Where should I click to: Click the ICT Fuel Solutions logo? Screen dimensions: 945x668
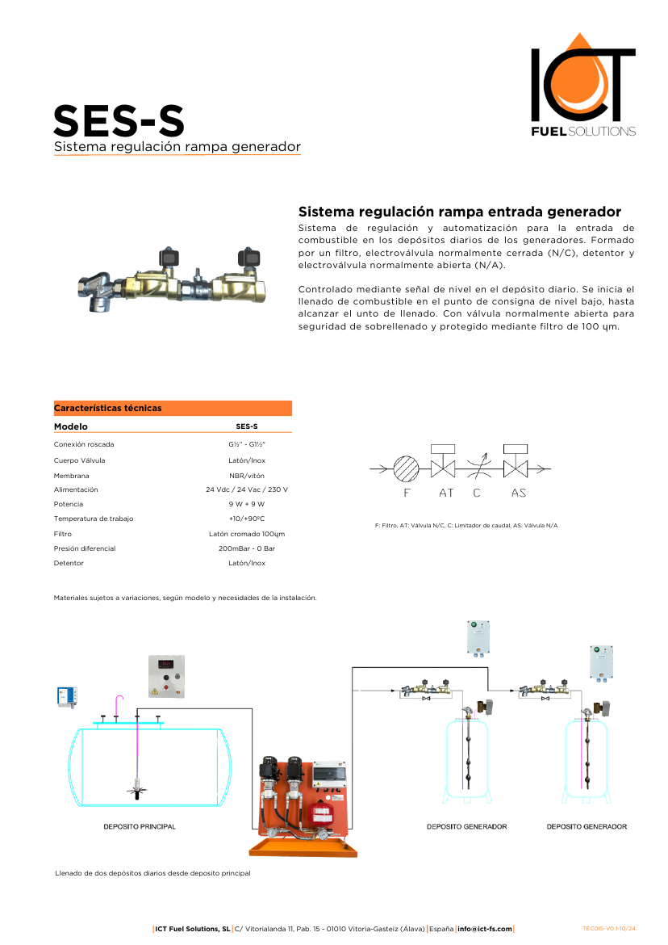(582, 86)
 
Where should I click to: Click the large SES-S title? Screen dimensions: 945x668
(119, 121)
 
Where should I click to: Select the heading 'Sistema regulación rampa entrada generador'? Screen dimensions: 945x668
(459, 212)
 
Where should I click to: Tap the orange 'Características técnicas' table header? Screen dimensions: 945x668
(173, 408)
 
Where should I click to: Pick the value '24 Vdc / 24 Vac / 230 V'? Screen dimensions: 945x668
(247, 489)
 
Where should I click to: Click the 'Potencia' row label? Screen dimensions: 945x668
(69, 504)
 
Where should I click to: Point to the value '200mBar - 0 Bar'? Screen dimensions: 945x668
(247, 548)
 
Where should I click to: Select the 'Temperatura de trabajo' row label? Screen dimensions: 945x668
(94, 519)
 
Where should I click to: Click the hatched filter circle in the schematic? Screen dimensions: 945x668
(407, 468)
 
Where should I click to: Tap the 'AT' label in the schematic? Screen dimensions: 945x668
(446, 493)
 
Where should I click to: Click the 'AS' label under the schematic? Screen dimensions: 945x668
(519, 493)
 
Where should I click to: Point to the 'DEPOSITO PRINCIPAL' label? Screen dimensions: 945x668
(140, 827)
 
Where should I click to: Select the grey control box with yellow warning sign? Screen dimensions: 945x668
(166, 676)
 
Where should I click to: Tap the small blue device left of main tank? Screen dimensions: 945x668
(66, 696)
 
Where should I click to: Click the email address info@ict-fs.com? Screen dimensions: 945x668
(485, 929)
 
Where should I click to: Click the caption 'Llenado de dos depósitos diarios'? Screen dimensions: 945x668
(152, 873)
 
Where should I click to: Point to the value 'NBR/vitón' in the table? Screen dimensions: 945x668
(247, 476)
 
